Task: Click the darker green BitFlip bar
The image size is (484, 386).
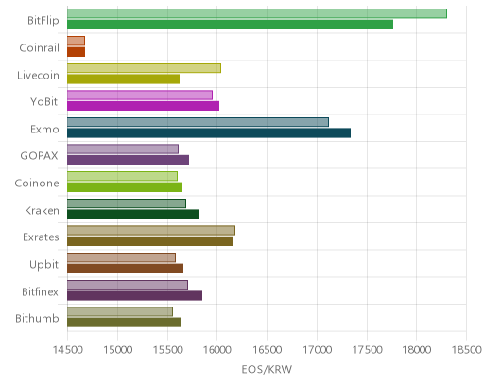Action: click(x=230, y=25)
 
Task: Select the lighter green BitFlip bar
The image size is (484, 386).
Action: click(x=257, y=13)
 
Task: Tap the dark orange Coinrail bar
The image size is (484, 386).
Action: click(x=76, y=52)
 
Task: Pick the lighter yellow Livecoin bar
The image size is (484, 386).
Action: click(x=144, y=68)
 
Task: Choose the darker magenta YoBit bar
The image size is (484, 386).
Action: click(x=143, y=106)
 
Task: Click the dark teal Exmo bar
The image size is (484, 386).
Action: click(x=209, y=133)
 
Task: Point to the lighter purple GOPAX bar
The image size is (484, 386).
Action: click(x=123, y=149)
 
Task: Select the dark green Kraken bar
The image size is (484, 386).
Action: click(x=133, y=215)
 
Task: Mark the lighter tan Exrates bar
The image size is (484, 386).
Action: click(x=151, y=231)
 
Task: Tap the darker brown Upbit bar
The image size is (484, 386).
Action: click(x=125, y=269)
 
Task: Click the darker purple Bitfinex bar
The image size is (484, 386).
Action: click(x=134, y=296)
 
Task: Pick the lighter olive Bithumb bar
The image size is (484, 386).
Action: click(x=120, y=312)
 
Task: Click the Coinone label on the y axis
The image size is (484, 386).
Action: click(x=37, y=184)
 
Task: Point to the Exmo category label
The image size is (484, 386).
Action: click(x=44, y=130)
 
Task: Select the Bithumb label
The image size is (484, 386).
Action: click(x=37, y=319)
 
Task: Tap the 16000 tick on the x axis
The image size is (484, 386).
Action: click(x=217, y=350)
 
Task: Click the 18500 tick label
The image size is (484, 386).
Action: click(x=466, y=350)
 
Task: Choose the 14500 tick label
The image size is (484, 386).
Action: click(x=67, y=350)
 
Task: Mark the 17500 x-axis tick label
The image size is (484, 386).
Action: click(x=367, y=350)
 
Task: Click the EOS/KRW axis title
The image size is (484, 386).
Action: click(x=267, y=369)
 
